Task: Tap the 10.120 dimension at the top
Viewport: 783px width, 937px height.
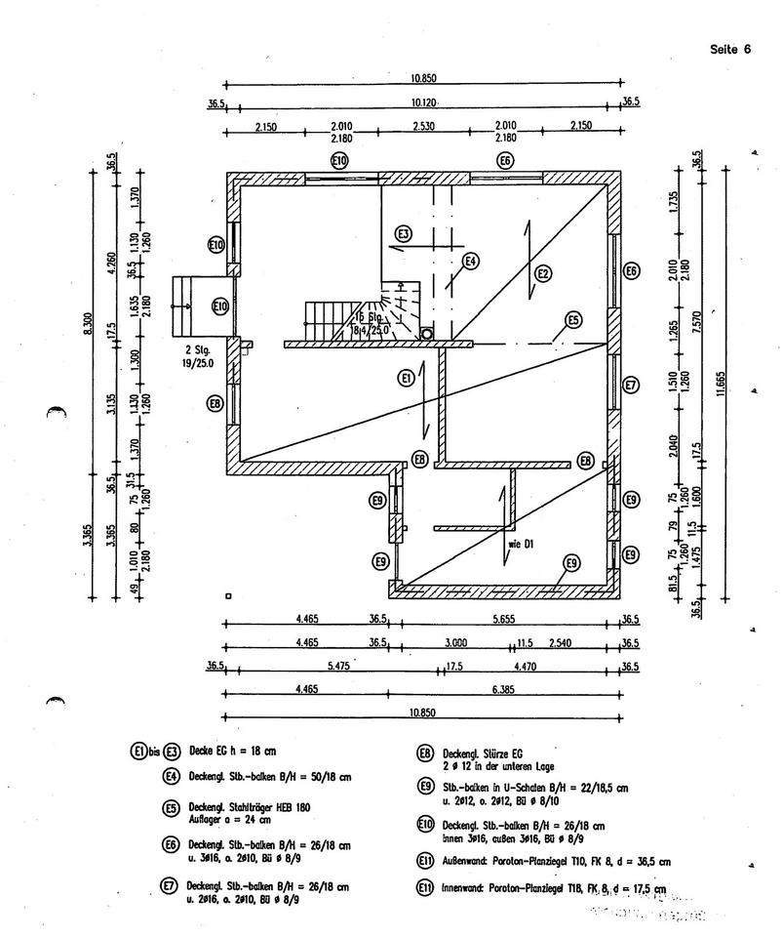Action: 423,102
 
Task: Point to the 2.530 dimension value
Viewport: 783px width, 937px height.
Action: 423,127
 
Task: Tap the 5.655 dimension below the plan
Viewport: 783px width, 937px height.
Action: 504,618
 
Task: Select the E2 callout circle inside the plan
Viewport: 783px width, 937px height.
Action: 543,274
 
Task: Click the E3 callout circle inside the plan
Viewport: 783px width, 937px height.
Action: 405,233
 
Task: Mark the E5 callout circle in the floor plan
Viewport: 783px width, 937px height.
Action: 573,320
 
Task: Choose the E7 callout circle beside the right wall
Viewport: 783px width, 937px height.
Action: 631,385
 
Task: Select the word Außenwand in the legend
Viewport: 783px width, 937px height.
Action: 463,862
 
